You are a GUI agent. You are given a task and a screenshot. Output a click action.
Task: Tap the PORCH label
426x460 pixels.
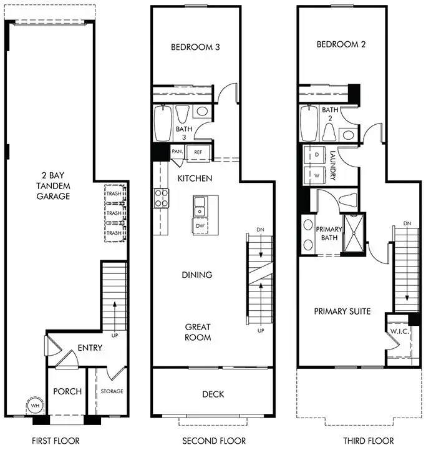67,391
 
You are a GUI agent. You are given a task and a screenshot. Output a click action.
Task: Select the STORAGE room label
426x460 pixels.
112,391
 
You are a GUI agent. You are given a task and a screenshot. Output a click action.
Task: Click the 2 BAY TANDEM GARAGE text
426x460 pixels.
52,186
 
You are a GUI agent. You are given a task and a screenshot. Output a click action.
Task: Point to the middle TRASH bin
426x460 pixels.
114,213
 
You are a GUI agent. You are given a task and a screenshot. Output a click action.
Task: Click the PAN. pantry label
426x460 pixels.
177,151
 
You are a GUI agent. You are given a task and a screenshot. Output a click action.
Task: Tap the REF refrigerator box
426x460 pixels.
198,151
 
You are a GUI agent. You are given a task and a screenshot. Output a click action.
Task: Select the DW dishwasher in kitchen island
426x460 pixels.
200,226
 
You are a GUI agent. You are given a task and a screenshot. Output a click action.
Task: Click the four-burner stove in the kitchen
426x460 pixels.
162,198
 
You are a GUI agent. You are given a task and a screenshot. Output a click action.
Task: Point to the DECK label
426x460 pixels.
213,394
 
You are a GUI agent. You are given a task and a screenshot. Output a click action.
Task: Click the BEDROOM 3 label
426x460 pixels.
195,47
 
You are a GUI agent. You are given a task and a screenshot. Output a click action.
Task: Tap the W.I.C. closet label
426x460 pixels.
399,331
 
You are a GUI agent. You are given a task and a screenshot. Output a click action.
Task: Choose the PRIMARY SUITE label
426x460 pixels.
342,311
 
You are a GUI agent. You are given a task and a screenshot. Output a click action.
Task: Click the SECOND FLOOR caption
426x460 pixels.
213,441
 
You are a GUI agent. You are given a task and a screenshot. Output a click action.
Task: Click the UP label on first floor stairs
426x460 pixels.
114,335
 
